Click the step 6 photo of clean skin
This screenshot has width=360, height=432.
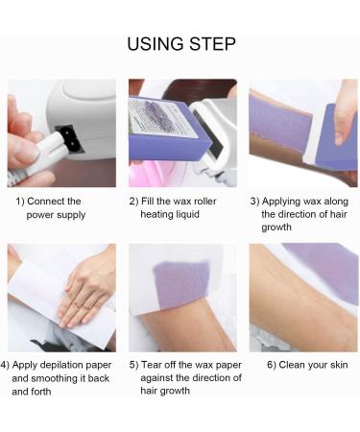(x=303, y=298)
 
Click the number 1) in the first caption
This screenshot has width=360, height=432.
(x=20, y=201)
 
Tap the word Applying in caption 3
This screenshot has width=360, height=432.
(x=285, y=201)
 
